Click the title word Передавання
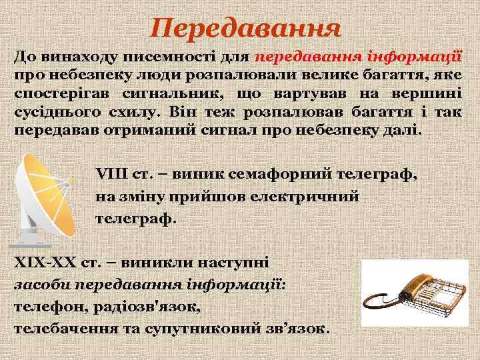(245, 28)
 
